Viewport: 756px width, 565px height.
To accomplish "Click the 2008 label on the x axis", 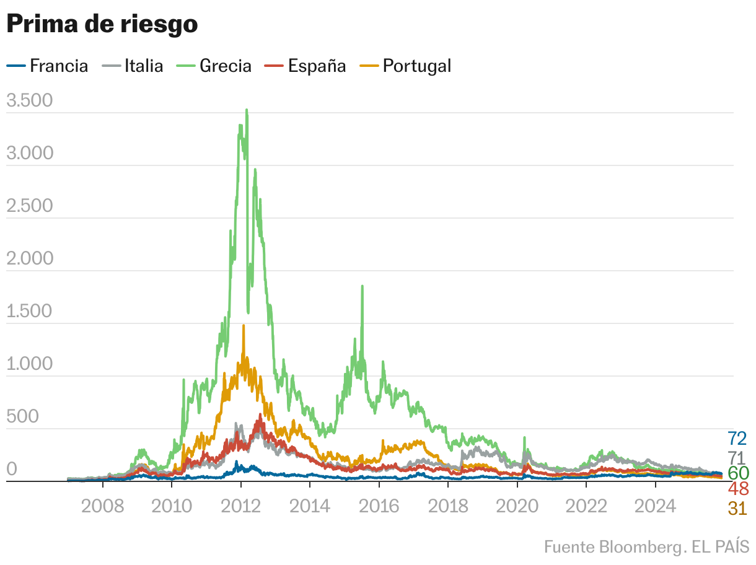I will tap(102, 506).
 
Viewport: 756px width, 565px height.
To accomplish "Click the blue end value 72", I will tap(737, 439).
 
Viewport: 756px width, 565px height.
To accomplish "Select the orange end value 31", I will tap(737, 509).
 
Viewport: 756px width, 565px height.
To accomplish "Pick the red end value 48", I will tap(737, 489).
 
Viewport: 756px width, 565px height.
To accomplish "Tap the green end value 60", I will tap(737, 473).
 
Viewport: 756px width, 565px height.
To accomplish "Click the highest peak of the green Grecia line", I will tap(247, 111).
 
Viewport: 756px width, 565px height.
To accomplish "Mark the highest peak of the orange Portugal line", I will tap(244, 326).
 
